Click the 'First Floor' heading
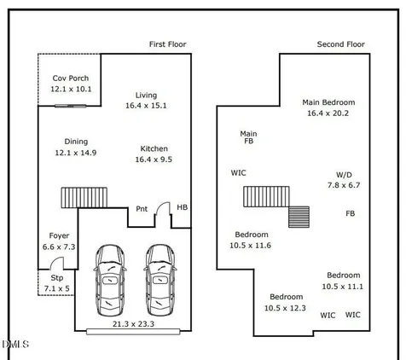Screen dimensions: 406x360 168,44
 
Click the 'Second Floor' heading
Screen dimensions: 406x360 341,44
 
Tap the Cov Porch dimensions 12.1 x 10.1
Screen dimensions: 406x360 71,89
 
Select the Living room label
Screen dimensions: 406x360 146,96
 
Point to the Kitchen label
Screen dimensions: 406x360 154,148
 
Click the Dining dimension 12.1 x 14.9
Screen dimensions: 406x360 76,153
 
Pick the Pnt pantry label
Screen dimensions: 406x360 142,209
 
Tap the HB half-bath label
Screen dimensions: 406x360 183,207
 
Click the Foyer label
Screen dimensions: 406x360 59,235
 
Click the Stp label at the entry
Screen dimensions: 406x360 57,278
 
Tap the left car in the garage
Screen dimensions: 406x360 110,280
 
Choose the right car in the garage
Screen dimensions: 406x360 160,280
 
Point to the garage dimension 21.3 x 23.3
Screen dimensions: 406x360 133,324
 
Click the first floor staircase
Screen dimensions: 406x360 84,197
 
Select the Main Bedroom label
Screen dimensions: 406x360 328,102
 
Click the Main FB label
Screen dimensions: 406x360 248,137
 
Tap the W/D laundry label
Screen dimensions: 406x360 344,175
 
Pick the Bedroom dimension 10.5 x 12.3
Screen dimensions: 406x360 285,308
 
